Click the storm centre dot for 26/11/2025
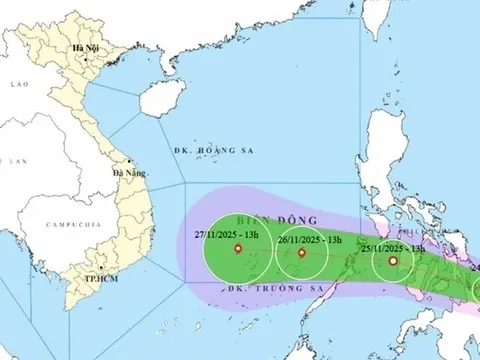301,253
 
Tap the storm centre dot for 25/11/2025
392,262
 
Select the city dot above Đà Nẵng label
129,162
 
